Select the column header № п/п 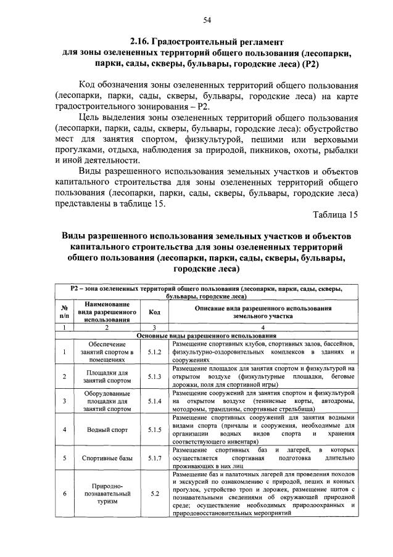pyautogui.click(x=64, y=312)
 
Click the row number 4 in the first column pyautogui.click(x=64, y=429)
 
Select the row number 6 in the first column pyautogui.click(x=64, y=494)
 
